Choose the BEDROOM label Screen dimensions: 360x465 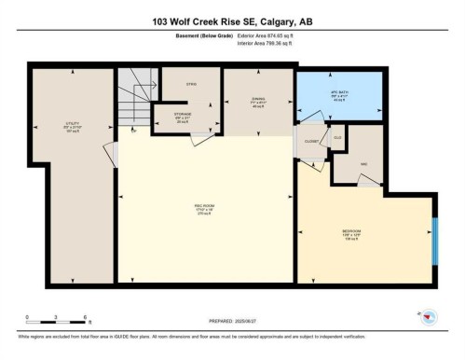point(352,236)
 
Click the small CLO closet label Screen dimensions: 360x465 point(338,137)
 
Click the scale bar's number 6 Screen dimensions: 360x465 point(85,318)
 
